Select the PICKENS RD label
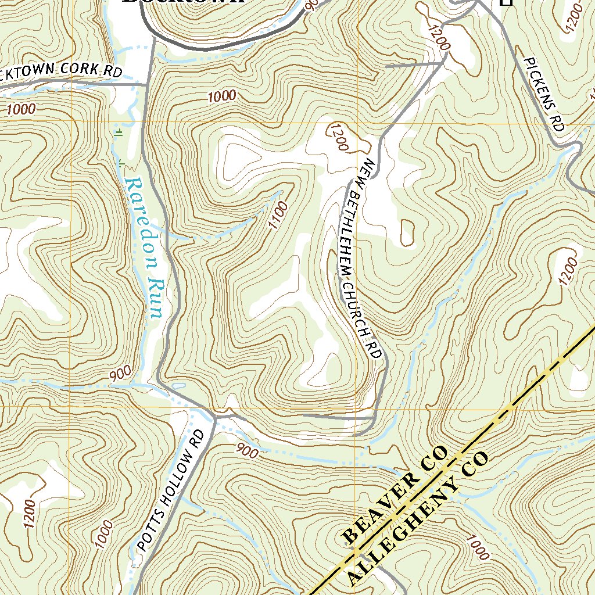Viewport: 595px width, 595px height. pyautogui.click(x=544, y=94)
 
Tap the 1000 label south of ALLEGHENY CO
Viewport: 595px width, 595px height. pyautogui.click(x=476, y=548)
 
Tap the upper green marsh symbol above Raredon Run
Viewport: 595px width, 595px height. pyautogui.click(x=119, y=132)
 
